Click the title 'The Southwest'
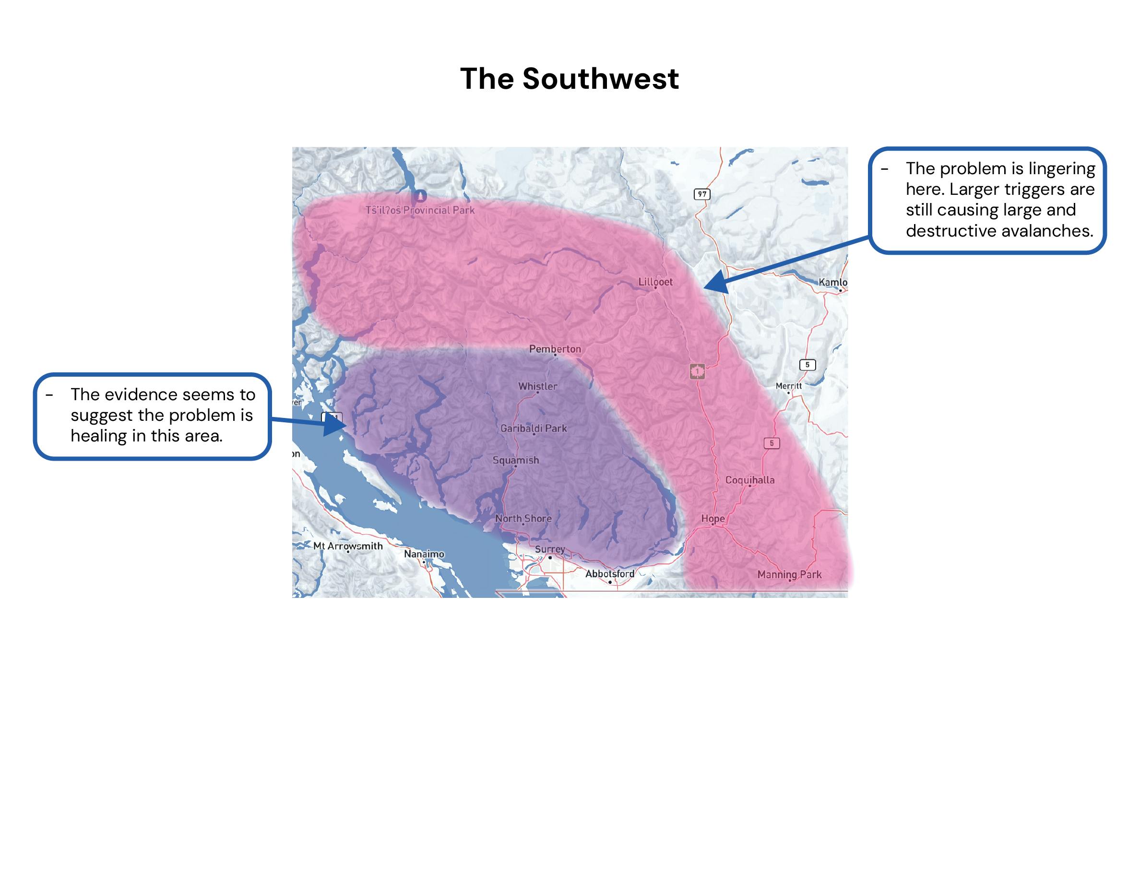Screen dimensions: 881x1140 point(570,79)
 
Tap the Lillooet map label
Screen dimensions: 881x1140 point(655,282)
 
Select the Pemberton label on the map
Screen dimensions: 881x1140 point(555,349)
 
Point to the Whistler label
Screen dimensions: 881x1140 point(538,386)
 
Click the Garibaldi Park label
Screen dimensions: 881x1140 point(534,428)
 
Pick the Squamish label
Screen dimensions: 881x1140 point(516,460)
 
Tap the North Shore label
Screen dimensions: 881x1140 point(523,518)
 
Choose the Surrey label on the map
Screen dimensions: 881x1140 point(550,549)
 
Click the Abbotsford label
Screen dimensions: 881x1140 point(610,573)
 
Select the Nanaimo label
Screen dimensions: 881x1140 point(424,554)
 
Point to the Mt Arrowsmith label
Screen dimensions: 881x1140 point(348,546)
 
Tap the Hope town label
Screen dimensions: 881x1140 point(712,518)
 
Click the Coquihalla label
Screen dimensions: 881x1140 point(749,480)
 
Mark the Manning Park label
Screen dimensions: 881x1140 point(789,574)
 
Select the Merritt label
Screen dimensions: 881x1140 point(788,386)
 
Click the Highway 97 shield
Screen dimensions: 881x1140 point(702,194)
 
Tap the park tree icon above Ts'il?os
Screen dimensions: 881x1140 point(419,196)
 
